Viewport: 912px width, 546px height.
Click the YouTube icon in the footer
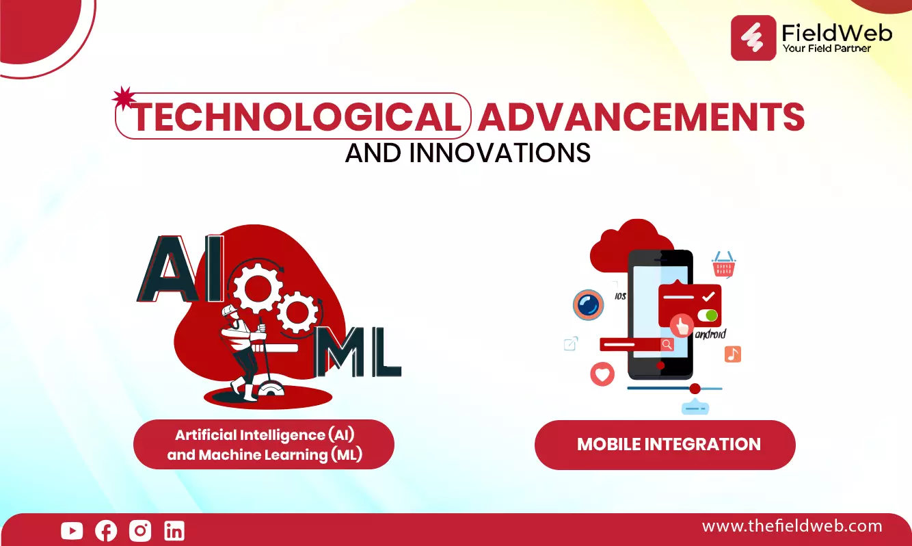pos(72,531)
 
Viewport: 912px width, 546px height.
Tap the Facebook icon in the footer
pos(106,531)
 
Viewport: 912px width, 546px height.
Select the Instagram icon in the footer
pos(140,531)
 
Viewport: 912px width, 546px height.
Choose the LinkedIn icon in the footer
pos(174,531)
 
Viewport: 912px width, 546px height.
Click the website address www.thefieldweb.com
pos(792,526)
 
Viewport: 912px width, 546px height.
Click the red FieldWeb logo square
pos(753,38)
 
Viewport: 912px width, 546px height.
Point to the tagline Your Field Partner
pos(827,49)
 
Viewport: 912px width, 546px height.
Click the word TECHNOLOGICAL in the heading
pos(296,117)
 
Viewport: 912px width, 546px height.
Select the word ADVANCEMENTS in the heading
pos(641,117)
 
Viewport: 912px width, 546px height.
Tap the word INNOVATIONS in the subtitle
pos(500,153)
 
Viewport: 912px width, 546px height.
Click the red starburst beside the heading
pos(124,99)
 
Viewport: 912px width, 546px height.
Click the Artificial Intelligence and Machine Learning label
pos(265,445)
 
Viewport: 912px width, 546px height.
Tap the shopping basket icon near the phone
pos(723,264)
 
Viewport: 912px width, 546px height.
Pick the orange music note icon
pos(733,354)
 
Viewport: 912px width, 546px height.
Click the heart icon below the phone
pos(602,374)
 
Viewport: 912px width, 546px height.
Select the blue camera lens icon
pos(588,304)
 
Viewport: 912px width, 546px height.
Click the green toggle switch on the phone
pos(707,315)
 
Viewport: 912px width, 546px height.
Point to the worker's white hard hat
pos(229,311)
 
